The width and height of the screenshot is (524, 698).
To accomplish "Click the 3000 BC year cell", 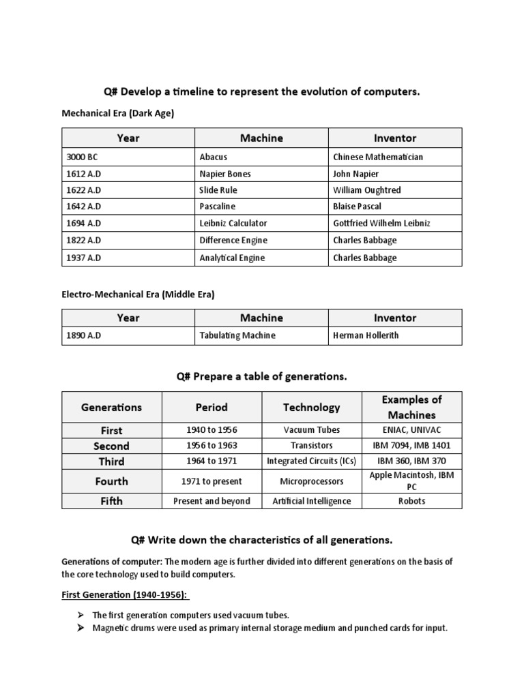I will point(83,157).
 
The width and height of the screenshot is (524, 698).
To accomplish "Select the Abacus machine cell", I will point(213,157).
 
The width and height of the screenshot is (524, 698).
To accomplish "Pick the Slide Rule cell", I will point(218,190).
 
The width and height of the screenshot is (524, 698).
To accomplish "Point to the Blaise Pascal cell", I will point(358,207).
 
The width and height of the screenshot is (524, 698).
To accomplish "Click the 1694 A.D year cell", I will point(83,224).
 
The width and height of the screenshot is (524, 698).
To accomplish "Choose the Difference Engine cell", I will point(233,240).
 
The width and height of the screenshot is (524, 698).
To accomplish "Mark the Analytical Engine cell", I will point(232,258).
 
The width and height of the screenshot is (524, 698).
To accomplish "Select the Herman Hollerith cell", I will point(366,336).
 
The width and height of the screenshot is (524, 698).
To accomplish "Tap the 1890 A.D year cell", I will point(83,336).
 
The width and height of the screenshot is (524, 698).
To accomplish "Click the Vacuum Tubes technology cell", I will point(312,430).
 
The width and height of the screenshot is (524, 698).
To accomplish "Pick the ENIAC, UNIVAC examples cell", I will point(411,430).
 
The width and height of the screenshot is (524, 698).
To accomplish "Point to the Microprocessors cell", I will point(312,481).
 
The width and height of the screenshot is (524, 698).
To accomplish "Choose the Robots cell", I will point(411,501).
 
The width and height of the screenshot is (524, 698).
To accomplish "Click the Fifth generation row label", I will point(111,501).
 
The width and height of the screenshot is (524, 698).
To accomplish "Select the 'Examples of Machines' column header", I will point(411,407).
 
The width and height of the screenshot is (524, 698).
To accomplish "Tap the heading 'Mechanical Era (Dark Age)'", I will point(118,114).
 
